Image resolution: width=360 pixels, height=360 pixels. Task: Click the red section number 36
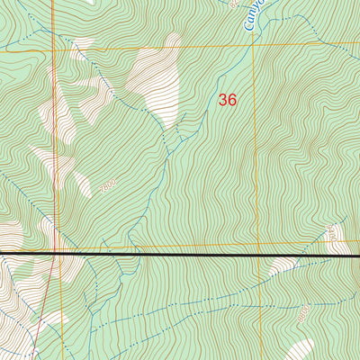pyautogui.click(x=228, y=100)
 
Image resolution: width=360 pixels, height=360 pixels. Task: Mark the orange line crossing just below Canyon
pyautogui.click(x=253, y=42)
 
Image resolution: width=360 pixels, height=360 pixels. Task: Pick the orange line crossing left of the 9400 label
pyautogui.click(x=256, y=243)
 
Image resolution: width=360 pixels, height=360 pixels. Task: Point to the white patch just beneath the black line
pyautogui.click(x=284, y=265)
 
